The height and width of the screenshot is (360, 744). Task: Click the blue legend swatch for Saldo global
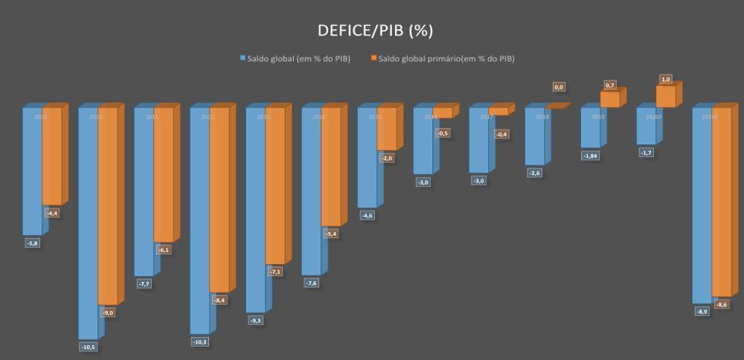tap(241, 58)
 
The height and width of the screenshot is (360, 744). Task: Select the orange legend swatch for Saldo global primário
tap(373, 58)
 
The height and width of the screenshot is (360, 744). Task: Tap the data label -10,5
tap(89, 346)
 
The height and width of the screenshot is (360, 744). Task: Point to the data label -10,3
tap(200, 341)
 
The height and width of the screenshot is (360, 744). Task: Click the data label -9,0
tap(108, 313)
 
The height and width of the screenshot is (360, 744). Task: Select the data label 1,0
tap(666, 79)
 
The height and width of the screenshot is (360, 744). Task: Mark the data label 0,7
tap(610, 86)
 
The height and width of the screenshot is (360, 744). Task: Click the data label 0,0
tap(559, 87)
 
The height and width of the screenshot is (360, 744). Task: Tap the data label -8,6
tap(722, 305)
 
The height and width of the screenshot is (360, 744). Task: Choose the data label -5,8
tap(33, 243)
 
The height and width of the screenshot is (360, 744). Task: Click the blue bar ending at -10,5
tap(88, 223)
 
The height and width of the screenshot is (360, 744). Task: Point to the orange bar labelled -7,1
tap(275, 186)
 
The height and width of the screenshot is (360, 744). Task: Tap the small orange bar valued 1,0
tap(666, 97)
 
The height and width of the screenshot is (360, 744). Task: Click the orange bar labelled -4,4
tap(51, 155)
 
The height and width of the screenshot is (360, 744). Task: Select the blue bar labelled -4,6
tap(367, 158)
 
